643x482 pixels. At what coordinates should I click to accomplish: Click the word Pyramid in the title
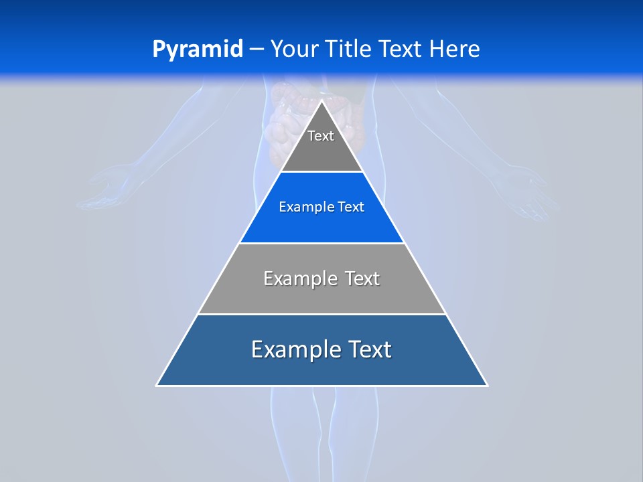point(197,50)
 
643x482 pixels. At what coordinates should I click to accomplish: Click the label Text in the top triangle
point(321,137)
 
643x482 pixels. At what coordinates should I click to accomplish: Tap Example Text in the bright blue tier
point(321,208)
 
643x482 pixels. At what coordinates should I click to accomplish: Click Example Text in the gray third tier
point(321,278)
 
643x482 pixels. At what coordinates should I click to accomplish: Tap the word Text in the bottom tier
point(367,349)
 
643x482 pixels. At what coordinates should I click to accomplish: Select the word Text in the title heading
point(400,50)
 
